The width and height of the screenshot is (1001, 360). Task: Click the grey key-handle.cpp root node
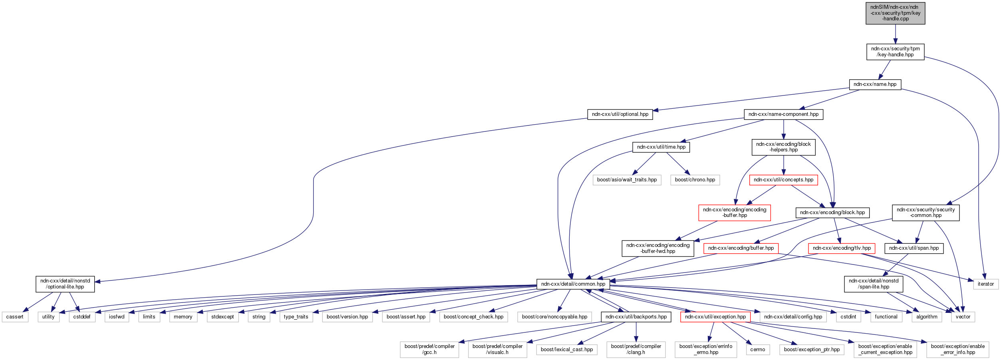click(895, 13)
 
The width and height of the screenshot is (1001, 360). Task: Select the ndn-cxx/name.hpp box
click(875, 84)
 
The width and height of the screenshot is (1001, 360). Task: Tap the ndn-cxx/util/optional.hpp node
click(620, 114)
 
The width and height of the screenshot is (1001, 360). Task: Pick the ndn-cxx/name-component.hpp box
click(783, 114)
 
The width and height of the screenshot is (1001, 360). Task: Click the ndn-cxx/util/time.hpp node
click(661, 147)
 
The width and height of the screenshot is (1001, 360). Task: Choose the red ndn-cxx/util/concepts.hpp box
click(783, 180)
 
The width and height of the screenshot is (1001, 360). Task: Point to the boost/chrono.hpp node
click(695, 180)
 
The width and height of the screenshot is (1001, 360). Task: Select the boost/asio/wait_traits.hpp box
click(627, 180)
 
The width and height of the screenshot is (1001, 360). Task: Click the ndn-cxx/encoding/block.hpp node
click(832, 213)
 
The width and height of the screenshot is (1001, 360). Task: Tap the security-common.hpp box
click(926, 213)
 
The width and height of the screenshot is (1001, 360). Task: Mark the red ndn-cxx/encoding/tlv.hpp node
click(842, 248)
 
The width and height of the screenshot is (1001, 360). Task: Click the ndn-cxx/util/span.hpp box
click(914, 248)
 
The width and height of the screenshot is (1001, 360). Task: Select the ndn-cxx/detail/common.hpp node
click(573, 284)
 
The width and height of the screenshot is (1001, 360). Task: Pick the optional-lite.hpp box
click(65, 284)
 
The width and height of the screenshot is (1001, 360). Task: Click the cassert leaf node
click(15, 317)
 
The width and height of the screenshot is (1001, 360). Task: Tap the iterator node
click(985, 284)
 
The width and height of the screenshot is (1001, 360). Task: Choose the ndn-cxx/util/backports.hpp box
click(636, 317)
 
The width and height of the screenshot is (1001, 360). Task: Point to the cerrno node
click(757, 350)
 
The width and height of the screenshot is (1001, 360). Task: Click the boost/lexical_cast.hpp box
click(566, 350)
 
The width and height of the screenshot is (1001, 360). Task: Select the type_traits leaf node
click(296, 317)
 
